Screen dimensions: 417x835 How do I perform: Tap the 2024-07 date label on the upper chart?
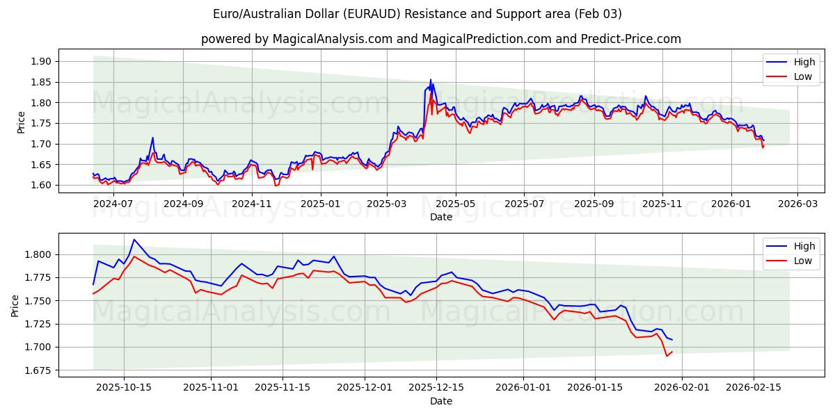113,204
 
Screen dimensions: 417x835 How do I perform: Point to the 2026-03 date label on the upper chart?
797,204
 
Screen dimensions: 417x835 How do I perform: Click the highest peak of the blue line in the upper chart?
430,79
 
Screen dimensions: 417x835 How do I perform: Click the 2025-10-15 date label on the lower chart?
124,387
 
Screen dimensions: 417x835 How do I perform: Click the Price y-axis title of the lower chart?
15,305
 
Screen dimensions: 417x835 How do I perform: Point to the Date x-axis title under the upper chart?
441,217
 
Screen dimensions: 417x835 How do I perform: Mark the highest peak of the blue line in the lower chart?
134,239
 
